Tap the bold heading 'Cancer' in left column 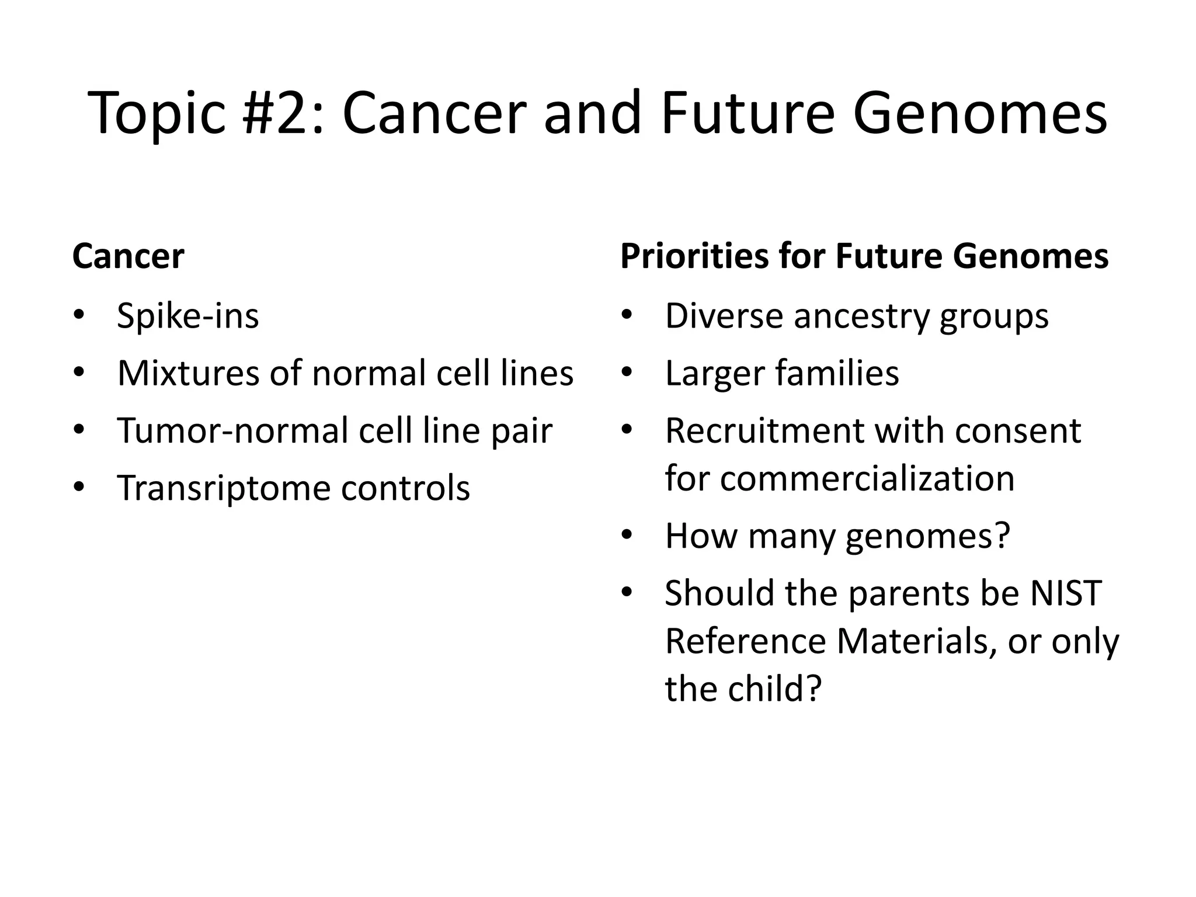point(128,256)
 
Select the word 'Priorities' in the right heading point(694,256)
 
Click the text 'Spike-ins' point(187,316)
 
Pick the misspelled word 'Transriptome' point(222,488)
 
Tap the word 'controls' point(405,488)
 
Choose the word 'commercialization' point(867,478)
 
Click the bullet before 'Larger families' point(627,373)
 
